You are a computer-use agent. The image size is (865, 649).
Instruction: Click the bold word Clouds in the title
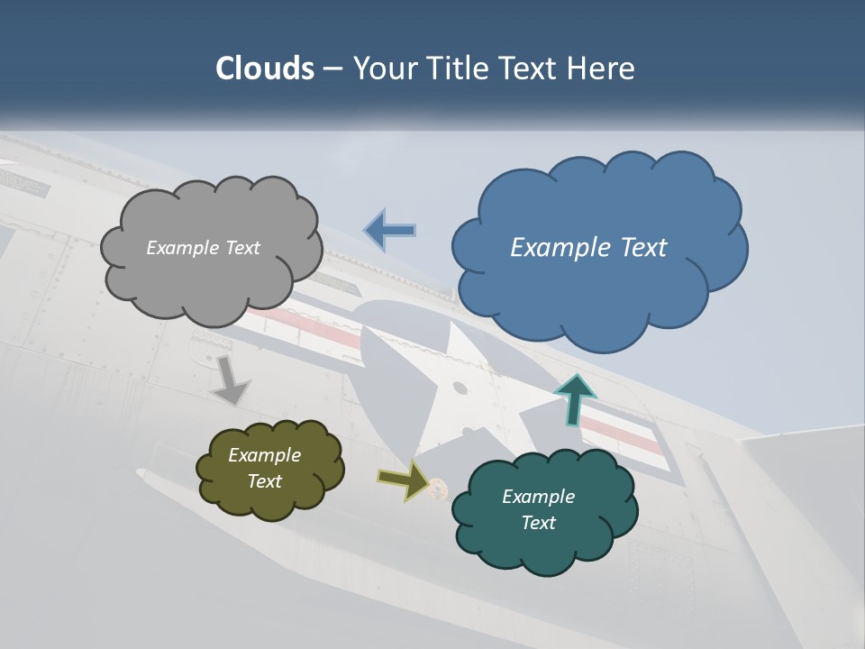(x=265, y=69)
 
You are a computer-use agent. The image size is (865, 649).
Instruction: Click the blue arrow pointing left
(x=389, y=231)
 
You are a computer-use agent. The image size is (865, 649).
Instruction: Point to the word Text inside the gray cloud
(x=241, y=248)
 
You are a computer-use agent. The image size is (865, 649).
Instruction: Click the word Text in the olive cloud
(x=265, y=481)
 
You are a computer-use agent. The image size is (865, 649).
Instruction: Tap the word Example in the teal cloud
(x=538, y=497)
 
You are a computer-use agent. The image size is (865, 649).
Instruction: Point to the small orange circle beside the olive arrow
(x=438, y=488)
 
